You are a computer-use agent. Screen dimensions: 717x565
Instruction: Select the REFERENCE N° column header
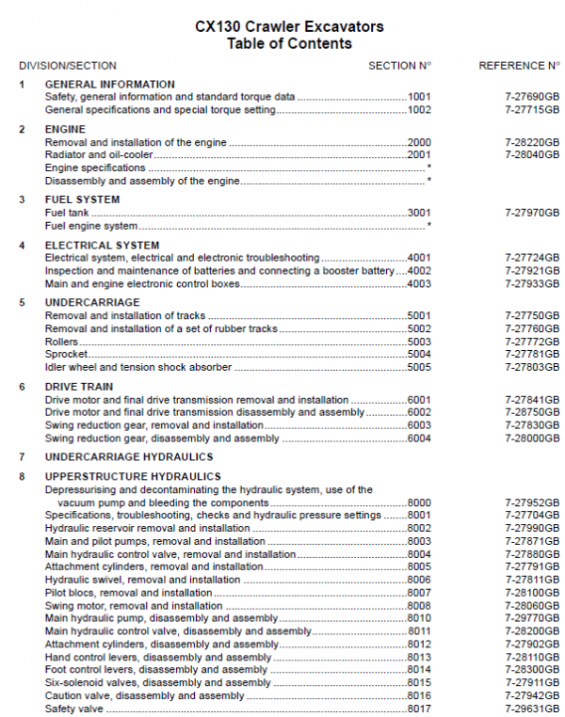click(519, 66)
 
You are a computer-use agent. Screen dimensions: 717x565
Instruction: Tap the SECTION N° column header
click(399, 66)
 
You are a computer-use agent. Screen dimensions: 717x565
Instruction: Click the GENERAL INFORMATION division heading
click(109, 85)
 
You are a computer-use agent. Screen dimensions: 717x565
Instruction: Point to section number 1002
click(419, 110)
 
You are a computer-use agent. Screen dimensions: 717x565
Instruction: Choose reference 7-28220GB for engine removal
click(532, 142)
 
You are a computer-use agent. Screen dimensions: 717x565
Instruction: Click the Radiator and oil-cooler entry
click(98, 154)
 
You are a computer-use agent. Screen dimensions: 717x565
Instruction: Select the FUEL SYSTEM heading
click(82, 200)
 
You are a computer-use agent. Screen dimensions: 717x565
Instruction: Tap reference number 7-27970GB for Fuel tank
click(532, 213)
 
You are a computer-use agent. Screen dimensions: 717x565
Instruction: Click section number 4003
click(419, 284)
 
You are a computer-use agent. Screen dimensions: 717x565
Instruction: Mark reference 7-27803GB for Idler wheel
click(532, 367)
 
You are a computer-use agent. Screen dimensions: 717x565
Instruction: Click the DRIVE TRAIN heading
click(79, 387)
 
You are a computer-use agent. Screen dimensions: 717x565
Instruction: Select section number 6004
click(419, 438)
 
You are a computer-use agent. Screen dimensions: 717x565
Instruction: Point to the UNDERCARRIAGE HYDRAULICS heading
click(129, 457)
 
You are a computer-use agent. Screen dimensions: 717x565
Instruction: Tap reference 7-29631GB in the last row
click(532, 709)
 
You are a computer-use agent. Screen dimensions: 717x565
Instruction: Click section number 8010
click(419, 618)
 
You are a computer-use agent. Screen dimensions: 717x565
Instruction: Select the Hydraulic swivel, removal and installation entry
click(129, 580)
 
